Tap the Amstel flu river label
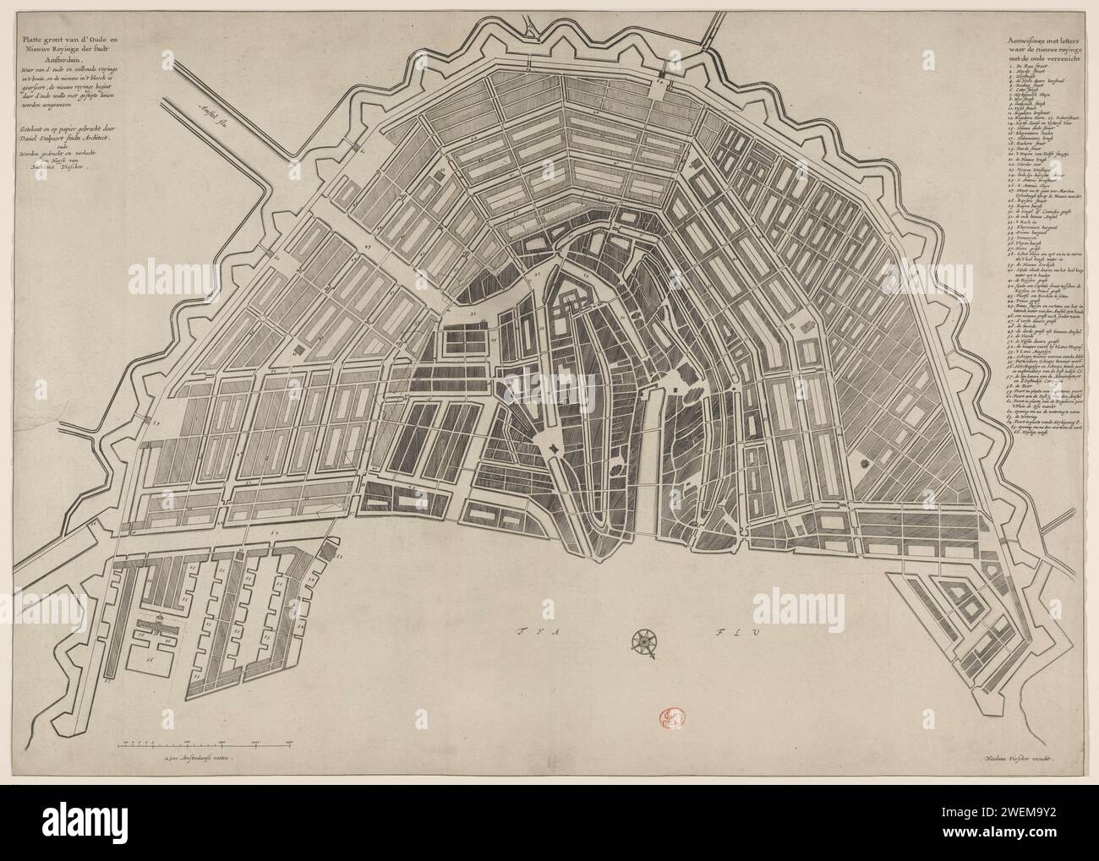coord(213,112)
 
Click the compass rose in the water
coord(645,642)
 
